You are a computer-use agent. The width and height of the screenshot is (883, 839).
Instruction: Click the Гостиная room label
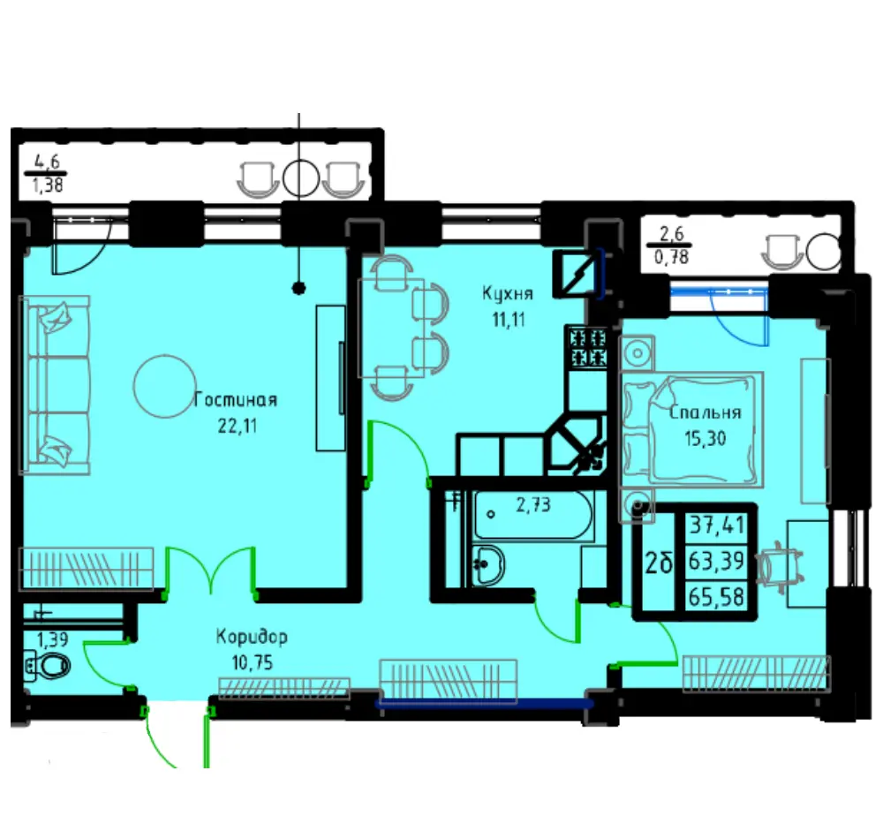(x=236, y=400)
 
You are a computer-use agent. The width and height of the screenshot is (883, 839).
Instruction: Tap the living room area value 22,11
(x=238, y=427)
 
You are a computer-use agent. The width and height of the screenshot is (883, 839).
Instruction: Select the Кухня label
(x=508, y=294)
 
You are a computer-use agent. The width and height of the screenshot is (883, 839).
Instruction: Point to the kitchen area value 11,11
(x=509, y=320)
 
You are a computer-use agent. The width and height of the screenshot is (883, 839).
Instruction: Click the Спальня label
(x=705, y=412)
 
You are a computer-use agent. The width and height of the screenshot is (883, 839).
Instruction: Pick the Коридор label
(x=252, y=637)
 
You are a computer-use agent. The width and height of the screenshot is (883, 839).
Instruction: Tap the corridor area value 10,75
(x=253, y=662)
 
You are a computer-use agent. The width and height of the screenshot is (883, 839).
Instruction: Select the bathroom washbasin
(x=487, y=564)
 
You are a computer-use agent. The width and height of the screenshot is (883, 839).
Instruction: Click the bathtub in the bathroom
(x=533, y=515)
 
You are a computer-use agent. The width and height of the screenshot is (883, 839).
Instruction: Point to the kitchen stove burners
(x=588, y=347)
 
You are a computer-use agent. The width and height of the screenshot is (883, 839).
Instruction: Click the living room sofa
(x=55, y=385)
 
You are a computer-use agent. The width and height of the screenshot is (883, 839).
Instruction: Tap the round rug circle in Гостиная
(x=164, y=386)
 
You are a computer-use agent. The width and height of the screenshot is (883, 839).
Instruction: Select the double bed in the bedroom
(x=691, y=429)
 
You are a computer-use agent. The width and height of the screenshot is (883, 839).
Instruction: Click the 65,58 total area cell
(x=716, y=596)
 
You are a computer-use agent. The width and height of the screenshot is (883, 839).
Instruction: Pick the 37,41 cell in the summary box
(x=716, y=525)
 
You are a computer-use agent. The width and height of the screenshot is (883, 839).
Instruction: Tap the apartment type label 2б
(x=659, y=563)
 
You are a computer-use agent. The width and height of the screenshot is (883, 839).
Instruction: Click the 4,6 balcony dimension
(x=48, y=162)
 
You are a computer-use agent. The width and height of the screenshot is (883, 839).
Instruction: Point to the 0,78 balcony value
(x=671, y=257)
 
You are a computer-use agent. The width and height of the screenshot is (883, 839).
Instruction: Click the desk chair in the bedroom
(x=779, y=564)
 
